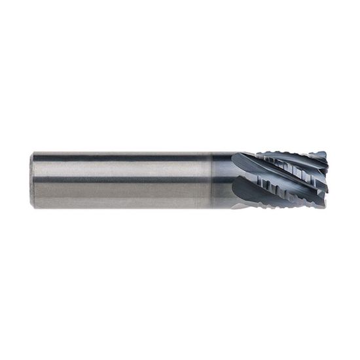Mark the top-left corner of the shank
33,153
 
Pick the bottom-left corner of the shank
33,207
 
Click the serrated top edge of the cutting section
288,154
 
